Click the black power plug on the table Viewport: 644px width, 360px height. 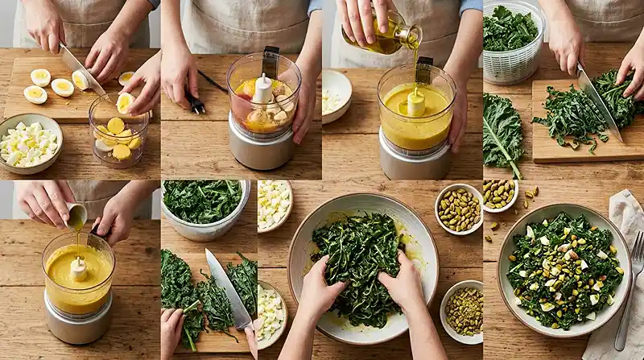[x=195, y=103]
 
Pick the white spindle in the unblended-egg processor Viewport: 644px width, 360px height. [x=262, y=89]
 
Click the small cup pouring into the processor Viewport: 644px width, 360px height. [x=76, y=216]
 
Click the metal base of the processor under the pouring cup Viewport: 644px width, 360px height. [x=78, y=327]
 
